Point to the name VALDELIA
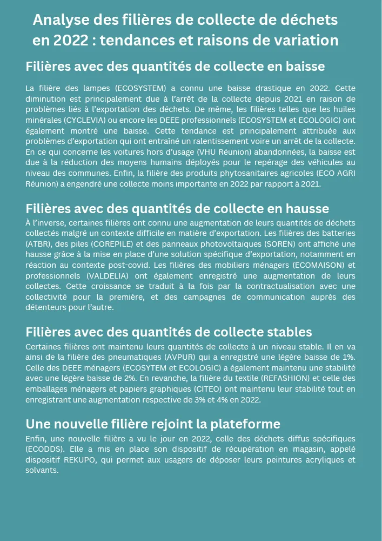108,275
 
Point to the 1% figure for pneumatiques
349,357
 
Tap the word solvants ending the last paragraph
41,470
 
